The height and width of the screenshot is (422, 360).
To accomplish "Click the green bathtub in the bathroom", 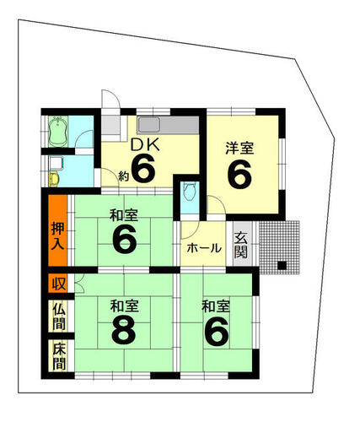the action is click(x=58, y=132).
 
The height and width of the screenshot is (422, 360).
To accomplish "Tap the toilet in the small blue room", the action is click(x=189, y=192).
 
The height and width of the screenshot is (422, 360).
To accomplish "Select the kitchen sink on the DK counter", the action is click(x=149, y=125).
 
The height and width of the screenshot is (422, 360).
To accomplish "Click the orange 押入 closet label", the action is click(x=58, y=236).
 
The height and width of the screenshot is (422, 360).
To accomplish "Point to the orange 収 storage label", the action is click(x=59, y=284).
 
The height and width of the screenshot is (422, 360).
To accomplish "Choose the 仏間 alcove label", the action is click(x=60, y=316).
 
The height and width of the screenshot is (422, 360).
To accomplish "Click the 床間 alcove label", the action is click(x=60, y=356).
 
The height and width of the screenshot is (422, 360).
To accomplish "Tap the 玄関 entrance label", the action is click(x=241, y=245).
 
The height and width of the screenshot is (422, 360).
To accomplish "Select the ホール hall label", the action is click(x=204, y=248).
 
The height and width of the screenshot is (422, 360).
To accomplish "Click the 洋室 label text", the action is click(x=240, y=149).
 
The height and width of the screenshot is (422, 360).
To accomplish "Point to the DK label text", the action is click(x=146, y=145).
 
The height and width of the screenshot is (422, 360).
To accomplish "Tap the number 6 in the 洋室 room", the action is click(x=239, y=176).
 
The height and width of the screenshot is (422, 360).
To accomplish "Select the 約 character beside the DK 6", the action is click(x=123, y=176).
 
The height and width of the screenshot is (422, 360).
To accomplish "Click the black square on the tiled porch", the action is click(x=282, y=266).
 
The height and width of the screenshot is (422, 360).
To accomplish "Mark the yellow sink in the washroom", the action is click(x=54, y=180).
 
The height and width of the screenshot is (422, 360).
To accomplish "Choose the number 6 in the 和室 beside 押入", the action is click(x=125, y=239).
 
